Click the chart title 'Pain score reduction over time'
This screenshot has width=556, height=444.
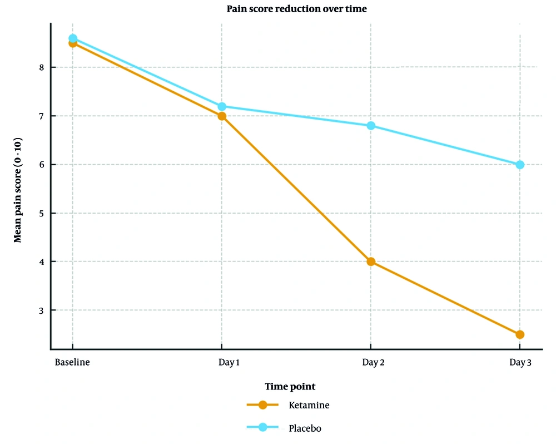(x=296, y=9)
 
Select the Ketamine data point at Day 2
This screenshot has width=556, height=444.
(x=371, y=262)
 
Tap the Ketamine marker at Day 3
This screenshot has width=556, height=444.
(x=520, y=334)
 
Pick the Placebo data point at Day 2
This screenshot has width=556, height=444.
(x=371, y=126)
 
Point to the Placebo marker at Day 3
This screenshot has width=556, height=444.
(x=520, y=165)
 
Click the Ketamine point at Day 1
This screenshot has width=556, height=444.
(x=222, y=116)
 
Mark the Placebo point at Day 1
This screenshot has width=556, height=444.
(x=222, y=106)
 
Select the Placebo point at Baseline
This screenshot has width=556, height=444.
(x=73, y=38)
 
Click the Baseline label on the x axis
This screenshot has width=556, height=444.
(x=72, y=363)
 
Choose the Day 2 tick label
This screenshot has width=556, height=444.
(x=374, y=363)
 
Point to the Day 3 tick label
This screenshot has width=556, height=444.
(x=521, y=363)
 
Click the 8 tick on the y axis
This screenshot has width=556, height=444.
(x=41, y=67)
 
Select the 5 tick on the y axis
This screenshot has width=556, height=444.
(x=41, y=213)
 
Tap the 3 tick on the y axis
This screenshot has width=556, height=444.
(x=41, y=310)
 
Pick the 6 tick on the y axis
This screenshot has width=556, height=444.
(x=41, y=165)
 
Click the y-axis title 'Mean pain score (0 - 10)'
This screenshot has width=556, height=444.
(x=18, y=189)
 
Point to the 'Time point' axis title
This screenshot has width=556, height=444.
(x=290, y=387)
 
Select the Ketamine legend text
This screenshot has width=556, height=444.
(x=309, y=405)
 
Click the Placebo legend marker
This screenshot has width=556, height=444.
(x=263, y=427)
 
